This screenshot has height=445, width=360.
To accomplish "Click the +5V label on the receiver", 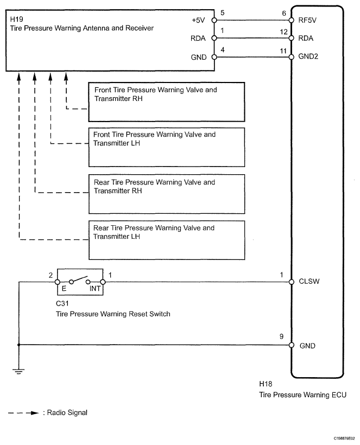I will coord(199,21).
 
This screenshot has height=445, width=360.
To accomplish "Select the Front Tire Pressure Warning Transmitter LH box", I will coord(166,147).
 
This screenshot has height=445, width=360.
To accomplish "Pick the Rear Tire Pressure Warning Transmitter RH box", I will coord(166,194).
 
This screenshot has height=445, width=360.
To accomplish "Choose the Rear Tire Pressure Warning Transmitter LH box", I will coord(166,240).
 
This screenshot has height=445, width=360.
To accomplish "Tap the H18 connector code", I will coord(266,384).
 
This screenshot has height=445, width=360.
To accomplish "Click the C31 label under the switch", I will coord(62,304).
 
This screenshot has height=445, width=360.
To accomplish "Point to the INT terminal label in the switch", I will coord(94,289).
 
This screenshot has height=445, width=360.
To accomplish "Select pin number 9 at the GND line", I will coord(281,336).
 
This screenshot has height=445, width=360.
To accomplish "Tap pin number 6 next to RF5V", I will coord(282,14).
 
